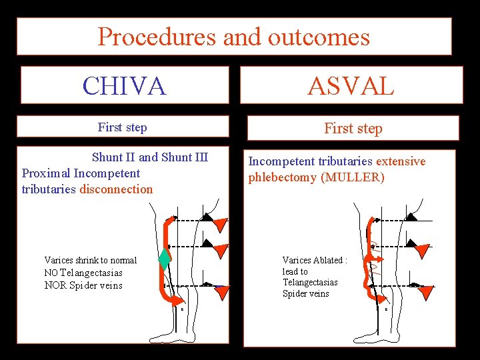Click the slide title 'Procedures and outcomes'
[233, 37]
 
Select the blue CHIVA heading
[124, 85]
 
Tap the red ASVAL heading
[351, 85]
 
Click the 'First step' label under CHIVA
[122, 127]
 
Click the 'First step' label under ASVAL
[353, 128]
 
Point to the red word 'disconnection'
[116, 189]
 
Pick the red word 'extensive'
[401, 161]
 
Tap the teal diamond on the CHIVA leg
[165, 258]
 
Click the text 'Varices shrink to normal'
[90, 260]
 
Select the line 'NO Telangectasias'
[83, 273]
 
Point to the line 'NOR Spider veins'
[83, 285]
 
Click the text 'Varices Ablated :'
[314, 260]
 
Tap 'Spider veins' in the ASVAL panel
[305, 293]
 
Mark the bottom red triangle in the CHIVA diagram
[222, 291]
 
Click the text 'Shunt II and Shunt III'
[150, 157]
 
